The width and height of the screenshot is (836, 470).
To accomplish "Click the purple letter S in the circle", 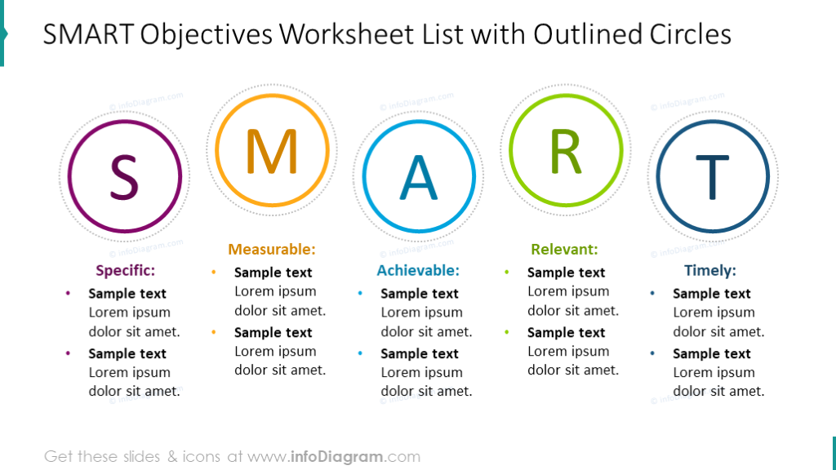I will pyautogui.click(x=124, y=177).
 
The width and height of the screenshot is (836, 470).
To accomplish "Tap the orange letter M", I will pyautogui.click(x=272, y=152).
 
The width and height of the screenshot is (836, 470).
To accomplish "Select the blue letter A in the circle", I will pyautogui.click(x=418, y=178).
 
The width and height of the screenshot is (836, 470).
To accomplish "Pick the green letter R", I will pyautogui.click(x=565, y=152).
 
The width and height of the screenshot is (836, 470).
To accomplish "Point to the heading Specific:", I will pyautogui.click(x=125, y=271).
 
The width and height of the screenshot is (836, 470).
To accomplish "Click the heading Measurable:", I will pyautogui.click(x=272, y=250).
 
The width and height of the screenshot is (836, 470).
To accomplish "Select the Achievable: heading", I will pyautogui.click(x=418, y=271).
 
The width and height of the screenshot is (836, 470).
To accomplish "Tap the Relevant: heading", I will pyautogui.click(x=564, y=250).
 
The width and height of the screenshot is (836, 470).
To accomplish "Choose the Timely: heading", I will pyautogui.click(x=710, y=271).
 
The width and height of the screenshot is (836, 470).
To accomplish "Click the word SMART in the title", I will pyautogui.click(x=88, y=34).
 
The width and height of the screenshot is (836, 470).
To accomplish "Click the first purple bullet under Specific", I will pyautogui.click(x=68, y=293).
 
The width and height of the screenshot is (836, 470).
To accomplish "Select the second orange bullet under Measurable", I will pyautogui.click(x=214, y=332).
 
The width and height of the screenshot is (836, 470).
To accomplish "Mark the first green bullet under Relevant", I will pyautogui.click(x=507, y=272).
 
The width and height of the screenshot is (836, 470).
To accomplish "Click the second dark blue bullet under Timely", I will pyautogui.click(x=652, y=353).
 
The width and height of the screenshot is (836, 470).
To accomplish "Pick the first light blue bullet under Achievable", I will pyautogui.click(x=360, y=293).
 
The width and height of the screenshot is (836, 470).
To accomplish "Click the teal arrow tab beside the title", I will pyautogui.click(x=3, y=33).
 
